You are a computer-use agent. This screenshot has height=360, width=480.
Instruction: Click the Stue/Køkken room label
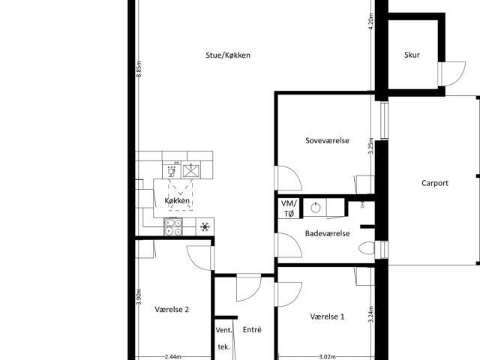point(228,55)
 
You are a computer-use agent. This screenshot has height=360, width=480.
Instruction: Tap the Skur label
point(412,55)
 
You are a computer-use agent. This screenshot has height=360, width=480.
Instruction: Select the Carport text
point(434,182)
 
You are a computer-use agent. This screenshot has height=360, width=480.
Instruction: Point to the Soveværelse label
point(327,140)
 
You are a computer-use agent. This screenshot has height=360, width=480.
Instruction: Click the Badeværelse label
point(327,233)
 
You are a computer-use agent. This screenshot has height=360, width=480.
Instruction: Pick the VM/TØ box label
point(289,208)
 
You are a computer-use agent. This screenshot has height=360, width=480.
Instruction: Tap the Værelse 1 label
point(327,316)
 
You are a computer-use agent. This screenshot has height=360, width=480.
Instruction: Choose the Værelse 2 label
point(172,308)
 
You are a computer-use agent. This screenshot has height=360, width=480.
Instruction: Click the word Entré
point(252,329)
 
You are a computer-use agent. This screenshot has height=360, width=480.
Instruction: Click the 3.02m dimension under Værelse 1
point(326,357)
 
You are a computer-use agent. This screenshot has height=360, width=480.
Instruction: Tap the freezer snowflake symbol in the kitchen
point(205,226)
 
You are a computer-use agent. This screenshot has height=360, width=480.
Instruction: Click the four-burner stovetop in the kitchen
point(173,226)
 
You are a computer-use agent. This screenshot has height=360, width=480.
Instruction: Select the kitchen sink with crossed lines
point(192,171)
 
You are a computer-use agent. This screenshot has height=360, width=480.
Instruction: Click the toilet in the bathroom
point(367,248)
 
